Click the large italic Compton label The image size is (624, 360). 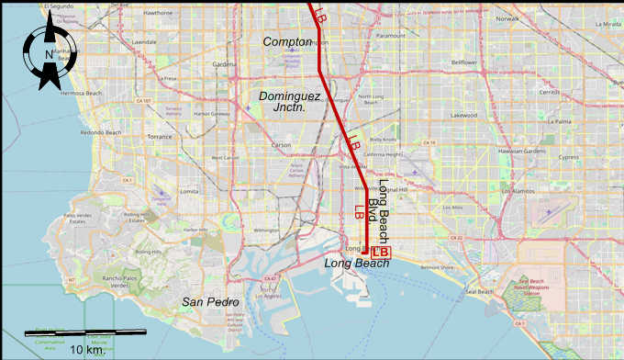[286, 42]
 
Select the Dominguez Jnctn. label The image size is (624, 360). [288, 101]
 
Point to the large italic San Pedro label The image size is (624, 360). [210, 302]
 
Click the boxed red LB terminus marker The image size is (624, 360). [381, 252]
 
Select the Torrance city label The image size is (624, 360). [160, 136]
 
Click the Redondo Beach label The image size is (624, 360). [101, 132]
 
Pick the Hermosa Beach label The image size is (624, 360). [80, 94]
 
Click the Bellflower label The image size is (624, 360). [470, 62]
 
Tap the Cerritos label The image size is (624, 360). [551, 92]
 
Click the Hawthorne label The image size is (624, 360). [159, 14]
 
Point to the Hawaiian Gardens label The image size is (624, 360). [529, 152]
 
